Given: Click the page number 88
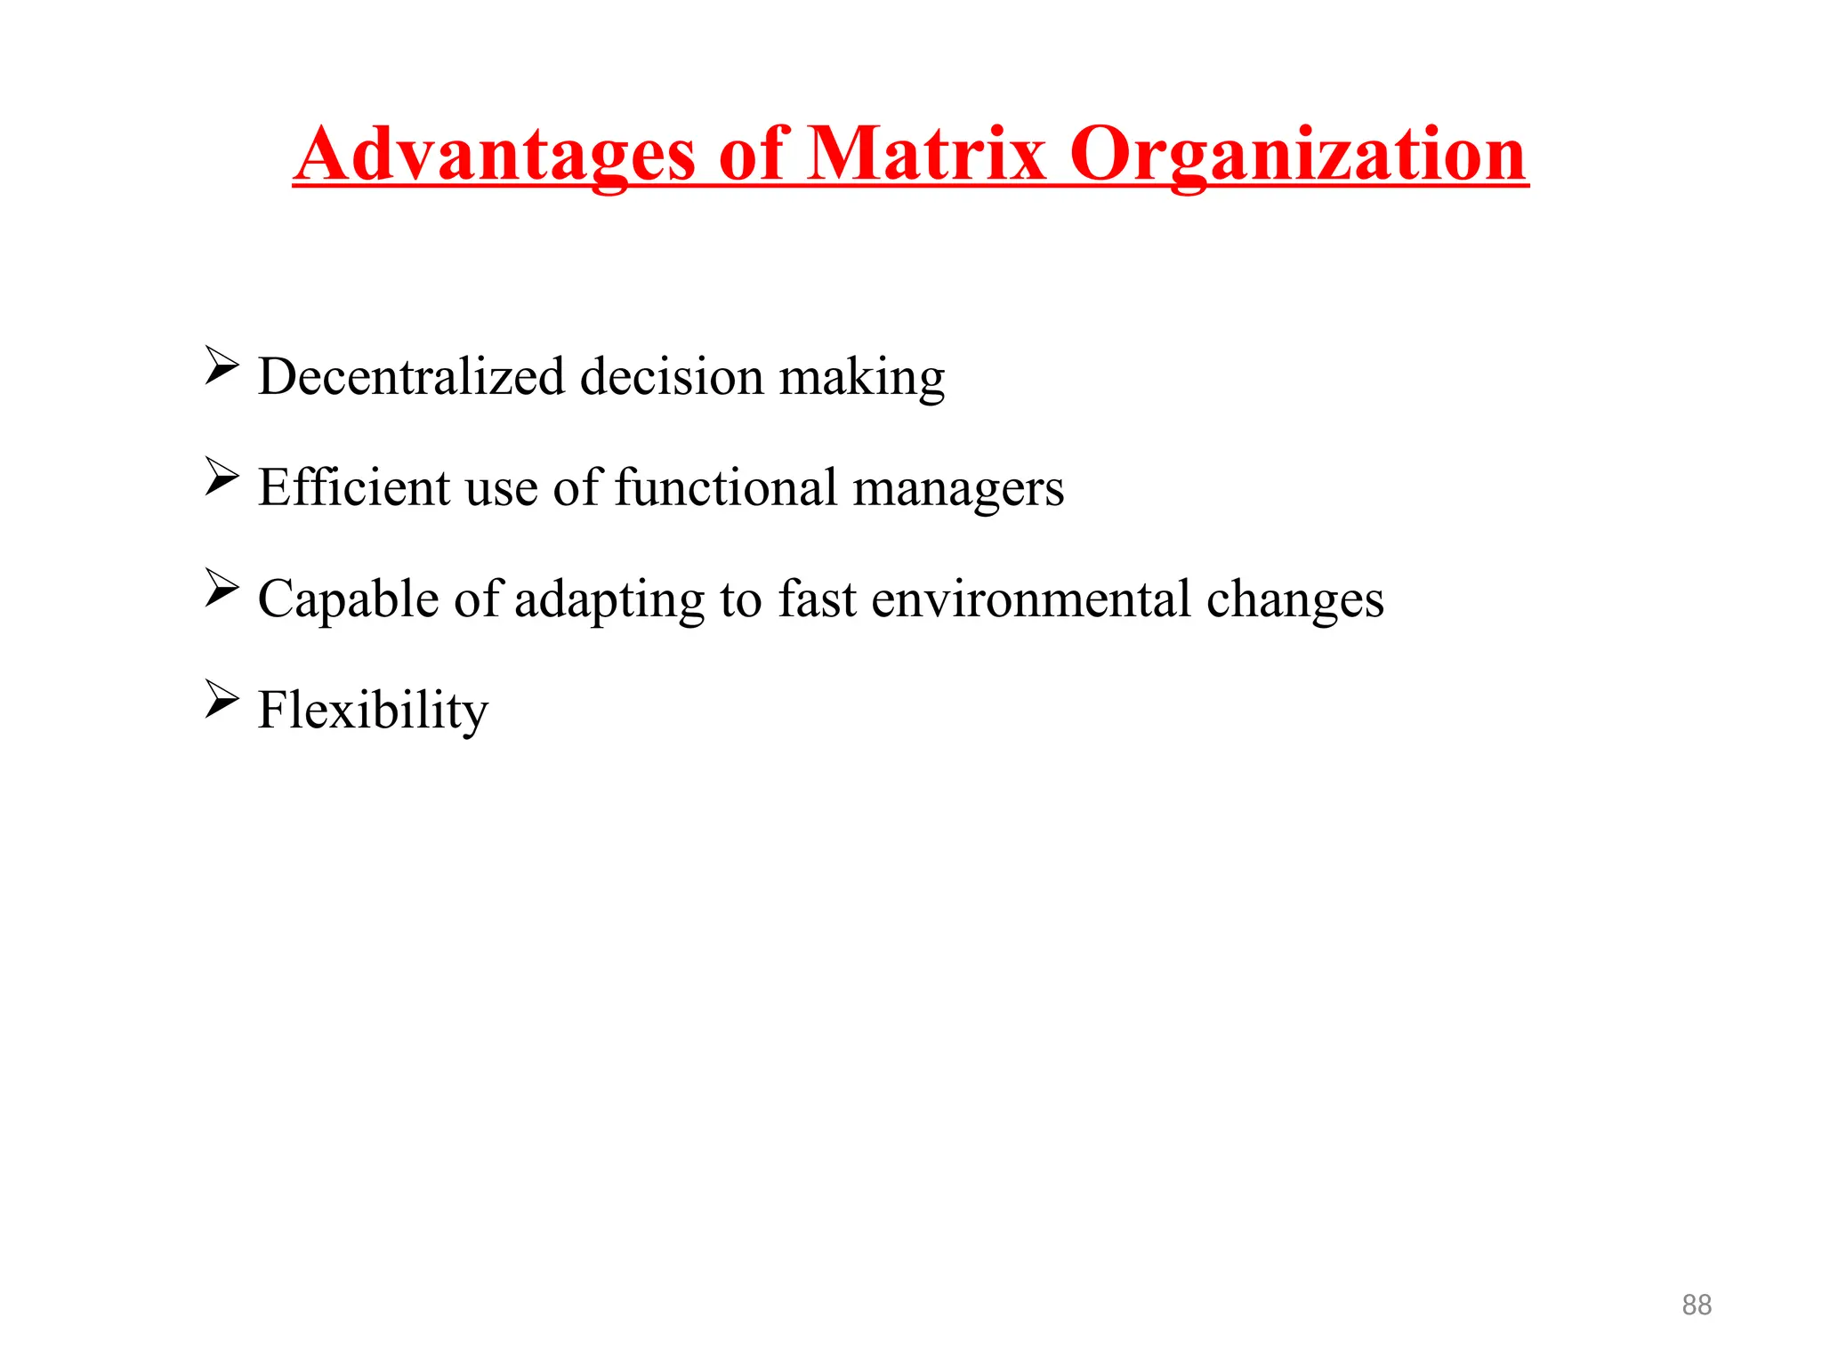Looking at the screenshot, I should (x=1697, y=1305).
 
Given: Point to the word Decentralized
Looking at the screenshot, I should (x=411, y=376).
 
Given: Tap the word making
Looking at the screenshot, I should (x=862, y=378).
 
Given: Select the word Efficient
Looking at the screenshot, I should (x=354, y=487).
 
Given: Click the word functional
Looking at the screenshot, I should (x=725, y=487).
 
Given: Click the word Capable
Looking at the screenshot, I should (x=348, y=599).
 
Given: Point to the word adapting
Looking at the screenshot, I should (x=609, y=600).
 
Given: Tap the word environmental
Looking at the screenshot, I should (x=1031, y=599).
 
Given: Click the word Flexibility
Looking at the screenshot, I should (x=373, y=711).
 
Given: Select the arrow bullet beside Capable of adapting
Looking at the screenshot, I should (x=221, y=588).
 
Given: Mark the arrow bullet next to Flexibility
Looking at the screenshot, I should (x=221, y=699).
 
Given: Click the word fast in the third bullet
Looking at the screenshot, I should (x=817, y=599).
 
